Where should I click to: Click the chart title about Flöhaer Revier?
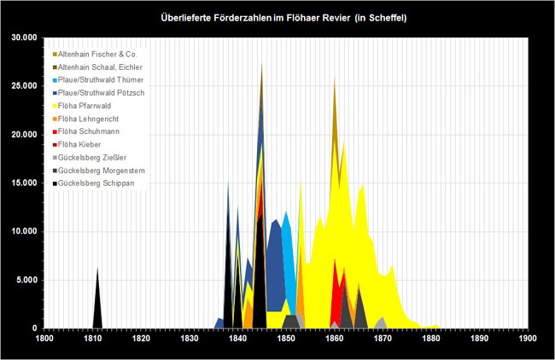click(277, 17)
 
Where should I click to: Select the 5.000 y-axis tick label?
click(26, 280)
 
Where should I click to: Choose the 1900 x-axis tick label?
click(528, 339)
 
